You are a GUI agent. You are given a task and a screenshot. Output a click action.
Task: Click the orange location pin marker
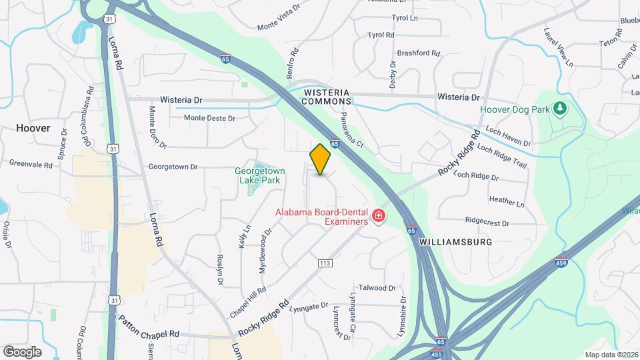[321, 159]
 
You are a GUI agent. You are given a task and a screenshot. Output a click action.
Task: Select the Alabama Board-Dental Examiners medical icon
[378, 216]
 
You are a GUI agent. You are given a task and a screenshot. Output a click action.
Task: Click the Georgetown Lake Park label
[257, 175]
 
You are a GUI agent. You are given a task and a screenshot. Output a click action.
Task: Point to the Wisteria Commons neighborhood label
[327, 96]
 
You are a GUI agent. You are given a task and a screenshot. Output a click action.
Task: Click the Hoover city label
[33, 128]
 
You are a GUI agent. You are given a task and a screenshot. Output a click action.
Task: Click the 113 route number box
[325, 263]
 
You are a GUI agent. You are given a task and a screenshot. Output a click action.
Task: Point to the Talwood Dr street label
[377, 288]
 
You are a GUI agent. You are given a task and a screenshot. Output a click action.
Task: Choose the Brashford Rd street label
[418, 53]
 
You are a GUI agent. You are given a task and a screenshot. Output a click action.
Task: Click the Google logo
[22, 351]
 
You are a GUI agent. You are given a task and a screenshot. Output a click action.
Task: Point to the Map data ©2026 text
[611, 355]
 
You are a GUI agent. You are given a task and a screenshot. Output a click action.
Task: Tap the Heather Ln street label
[506, 200]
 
